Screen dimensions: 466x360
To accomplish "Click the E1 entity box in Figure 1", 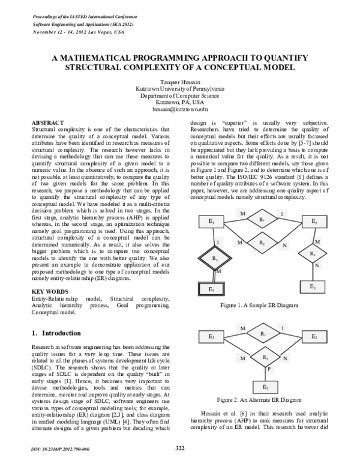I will coord(211,222).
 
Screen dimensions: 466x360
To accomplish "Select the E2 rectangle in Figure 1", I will coord(314,222).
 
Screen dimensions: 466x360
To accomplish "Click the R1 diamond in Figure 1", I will coord(262,220).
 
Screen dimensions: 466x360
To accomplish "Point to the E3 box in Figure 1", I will coord(314,288).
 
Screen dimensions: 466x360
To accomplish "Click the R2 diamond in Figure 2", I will coord(265,357).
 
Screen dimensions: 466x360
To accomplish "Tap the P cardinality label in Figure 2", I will coord(269,369).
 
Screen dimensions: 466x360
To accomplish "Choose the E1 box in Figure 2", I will coord(211,336).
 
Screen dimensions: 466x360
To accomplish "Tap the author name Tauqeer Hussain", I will coord(179,81).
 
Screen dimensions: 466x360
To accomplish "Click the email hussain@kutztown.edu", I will coord(179,110).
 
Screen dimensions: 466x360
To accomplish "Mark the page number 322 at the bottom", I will coord(179,447).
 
